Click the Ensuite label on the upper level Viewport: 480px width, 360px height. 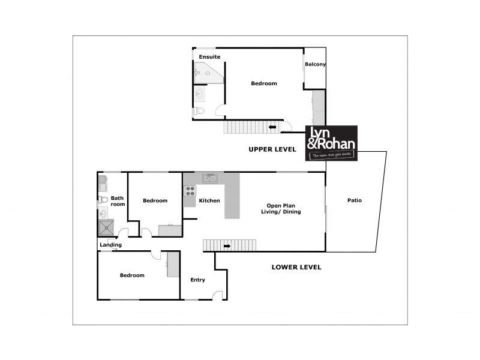210,57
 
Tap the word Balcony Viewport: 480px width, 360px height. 315,64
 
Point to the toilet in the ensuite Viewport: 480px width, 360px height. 200,110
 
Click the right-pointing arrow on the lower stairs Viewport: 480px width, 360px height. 227,245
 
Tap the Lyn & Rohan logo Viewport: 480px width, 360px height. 332,143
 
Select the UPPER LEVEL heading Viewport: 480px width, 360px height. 273,149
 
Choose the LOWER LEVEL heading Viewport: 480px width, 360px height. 296,267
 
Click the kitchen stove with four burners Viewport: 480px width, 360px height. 190,191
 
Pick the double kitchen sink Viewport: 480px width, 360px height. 210,178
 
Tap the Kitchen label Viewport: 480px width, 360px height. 209,200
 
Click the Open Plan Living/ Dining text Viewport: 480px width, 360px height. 281,208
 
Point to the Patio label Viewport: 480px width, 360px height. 354,200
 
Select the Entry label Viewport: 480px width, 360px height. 197,280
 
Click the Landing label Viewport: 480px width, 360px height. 110,245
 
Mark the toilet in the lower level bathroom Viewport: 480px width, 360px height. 103,200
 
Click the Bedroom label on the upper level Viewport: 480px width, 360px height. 264,83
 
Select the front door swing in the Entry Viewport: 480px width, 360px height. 217,294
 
